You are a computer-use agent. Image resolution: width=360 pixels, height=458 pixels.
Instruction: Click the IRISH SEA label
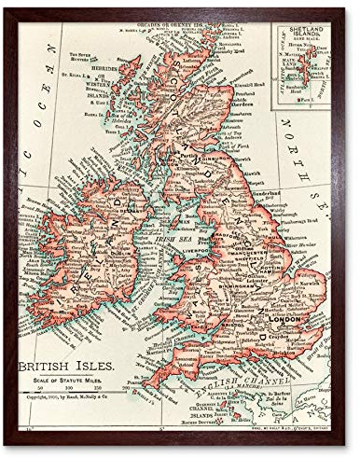tap(173, 239)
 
